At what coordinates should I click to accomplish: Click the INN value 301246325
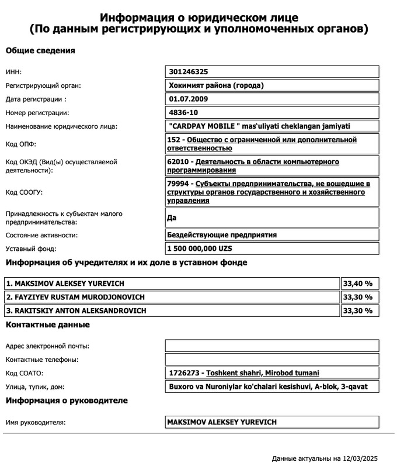coord(188,72)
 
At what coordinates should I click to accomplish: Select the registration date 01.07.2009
coord(187,99)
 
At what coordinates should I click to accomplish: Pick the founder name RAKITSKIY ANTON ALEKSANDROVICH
coord(76,310)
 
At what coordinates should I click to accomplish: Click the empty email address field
coord(272,346)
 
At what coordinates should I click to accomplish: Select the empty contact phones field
coord(272,360)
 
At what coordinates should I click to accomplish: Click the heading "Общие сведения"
coord(40,51)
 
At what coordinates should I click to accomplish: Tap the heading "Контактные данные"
coord(48,325)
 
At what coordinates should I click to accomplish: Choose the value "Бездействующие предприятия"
coord(222,235)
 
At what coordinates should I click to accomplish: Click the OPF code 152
coord(174,140)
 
